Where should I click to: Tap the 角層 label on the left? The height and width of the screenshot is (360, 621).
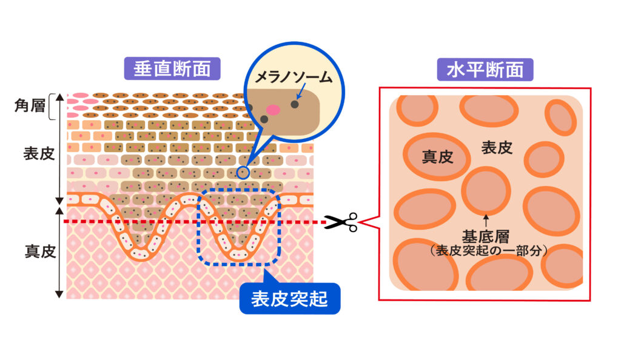(x=30, y=105)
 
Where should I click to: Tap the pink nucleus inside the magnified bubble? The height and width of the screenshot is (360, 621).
(x=274, y=109)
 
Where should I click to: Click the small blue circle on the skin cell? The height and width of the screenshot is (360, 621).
(x=243, y=172)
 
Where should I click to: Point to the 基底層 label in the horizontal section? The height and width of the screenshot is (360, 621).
(x=486, y=235)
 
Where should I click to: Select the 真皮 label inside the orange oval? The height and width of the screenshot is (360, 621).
(x=437, y=157)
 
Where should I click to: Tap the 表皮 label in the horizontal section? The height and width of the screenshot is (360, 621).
(x=497, y=147)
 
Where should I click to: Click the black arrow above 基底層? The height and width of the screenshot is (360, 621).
(x=486, y=219)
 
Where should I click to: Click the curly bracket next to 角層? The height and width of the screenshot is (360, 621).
(x=55, y=104)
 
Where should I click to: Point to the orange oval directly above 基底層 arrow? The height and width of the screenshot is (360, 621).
(x=486, y=189)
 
